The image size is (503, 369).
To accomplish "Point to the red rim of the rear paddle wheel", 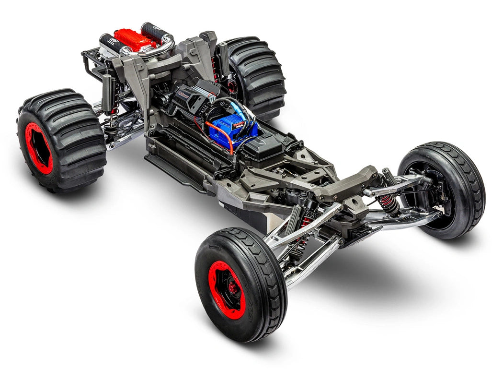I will coord(39,148).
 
